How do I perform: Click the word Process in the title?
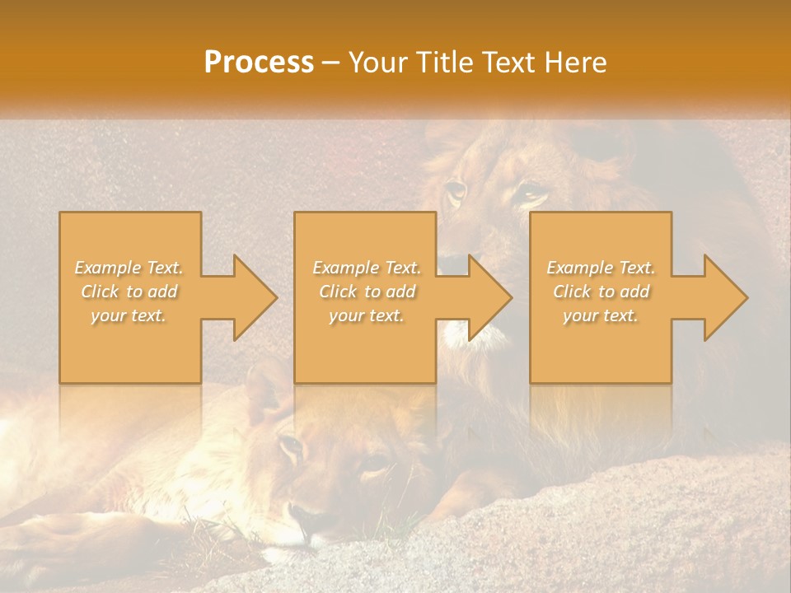tap(259, 62)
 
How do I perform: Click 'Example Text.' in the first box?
tap(129, 268)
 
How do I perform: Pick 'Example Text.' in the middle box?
tap(366, 268)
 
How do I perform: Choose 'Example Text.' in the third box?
tap(601, 268)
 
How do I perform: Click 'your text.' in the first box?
tap(129, 315)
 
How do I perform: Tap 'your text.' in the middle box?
tap(366, 315)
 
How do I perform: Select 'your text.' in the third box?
tap(601, 315)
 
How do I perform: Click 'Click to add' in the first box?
tap(129, 292)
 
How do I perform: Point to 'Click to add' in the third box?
tap(601, 292)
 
